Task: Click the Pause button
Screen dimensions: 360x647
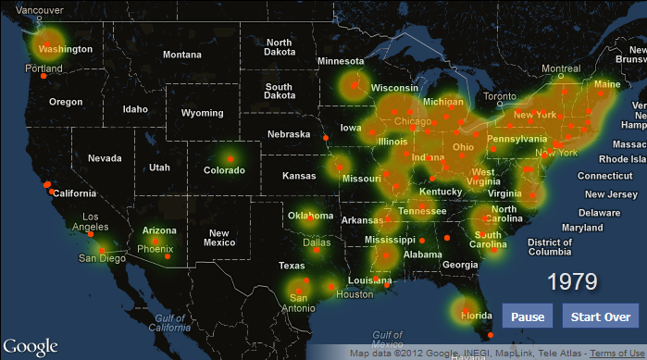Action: (528, 317)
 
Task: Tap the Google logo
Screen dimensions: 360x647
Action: (29, 346)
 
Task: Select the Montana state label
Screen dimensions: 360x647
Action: (181, 55)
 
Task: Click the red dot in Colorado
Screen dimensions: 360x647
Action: (230, 161)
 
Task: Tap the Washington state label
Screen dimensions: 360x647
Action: (66, 49)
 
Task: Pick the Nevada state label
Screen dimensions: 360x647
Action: (105, 158)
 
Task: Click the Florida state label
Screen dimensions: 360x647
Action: (477, 316)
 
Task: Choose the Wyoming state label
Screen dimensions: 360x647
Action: (202, 113)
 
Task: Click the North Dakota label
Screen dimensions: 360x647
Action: (280, 48)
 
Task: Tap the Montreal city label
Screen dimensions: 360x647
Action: (561, 69)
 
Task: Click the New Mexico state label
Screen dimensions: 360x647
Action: (218, 238)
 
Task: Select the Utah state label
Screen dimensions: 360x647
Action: (159, 168)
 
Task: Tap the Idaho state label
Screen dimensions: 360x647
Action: (135, 109)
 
